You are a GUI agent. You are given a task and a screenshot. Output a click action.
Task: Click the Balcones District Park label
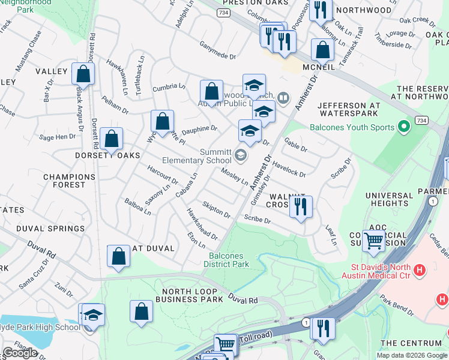tap(226, 259)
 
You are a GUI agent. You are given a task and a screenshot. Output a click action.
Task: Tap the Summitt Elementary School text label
tap(197, 156)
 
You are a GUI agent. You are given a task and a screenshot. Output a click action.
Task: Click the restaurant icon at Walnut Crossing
tap(300, 206)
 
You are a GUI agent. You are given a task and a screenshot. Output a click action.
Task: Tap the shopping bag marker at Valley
tap(83, 74)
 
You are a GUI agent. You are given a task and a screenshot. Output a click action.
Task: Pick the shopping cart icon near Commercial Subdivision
tap(374, 241)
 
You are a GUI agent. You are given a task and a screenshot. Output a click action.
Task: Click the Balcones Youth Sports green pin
tap(404, 127)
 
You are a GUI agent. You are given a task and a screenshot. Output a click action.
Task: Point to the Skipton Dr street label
tap(216, 210)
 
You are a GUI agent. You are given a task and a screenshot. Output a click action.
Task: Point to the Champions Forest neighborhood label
tap(69, 181)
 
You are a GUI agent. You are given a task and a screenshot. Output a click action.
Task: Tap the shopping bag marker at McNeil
tap(322, 51)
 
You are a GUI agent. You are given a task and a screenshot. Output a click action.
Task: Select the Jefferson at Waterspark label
tap(350, 108)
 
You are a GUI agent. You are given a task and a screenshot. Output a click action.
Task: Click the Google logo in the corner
tap(20, 353)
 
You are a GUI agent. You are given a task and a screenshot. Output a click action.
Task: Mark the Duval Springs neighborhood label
tap(50, 229)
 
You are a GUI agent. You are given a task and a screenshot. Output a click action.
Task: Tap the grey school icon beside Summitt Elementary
tap(241, 156)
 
